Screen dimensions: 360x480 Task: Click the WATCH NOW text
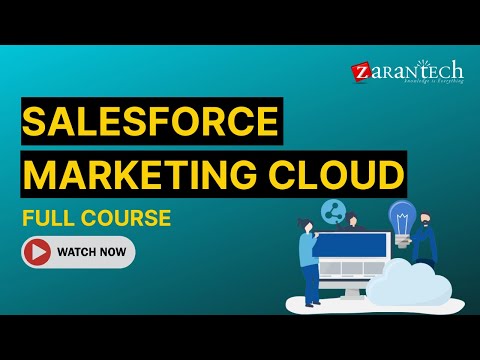[91, 252]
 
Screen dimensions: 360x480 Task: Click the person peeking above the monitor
[351, 223]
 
